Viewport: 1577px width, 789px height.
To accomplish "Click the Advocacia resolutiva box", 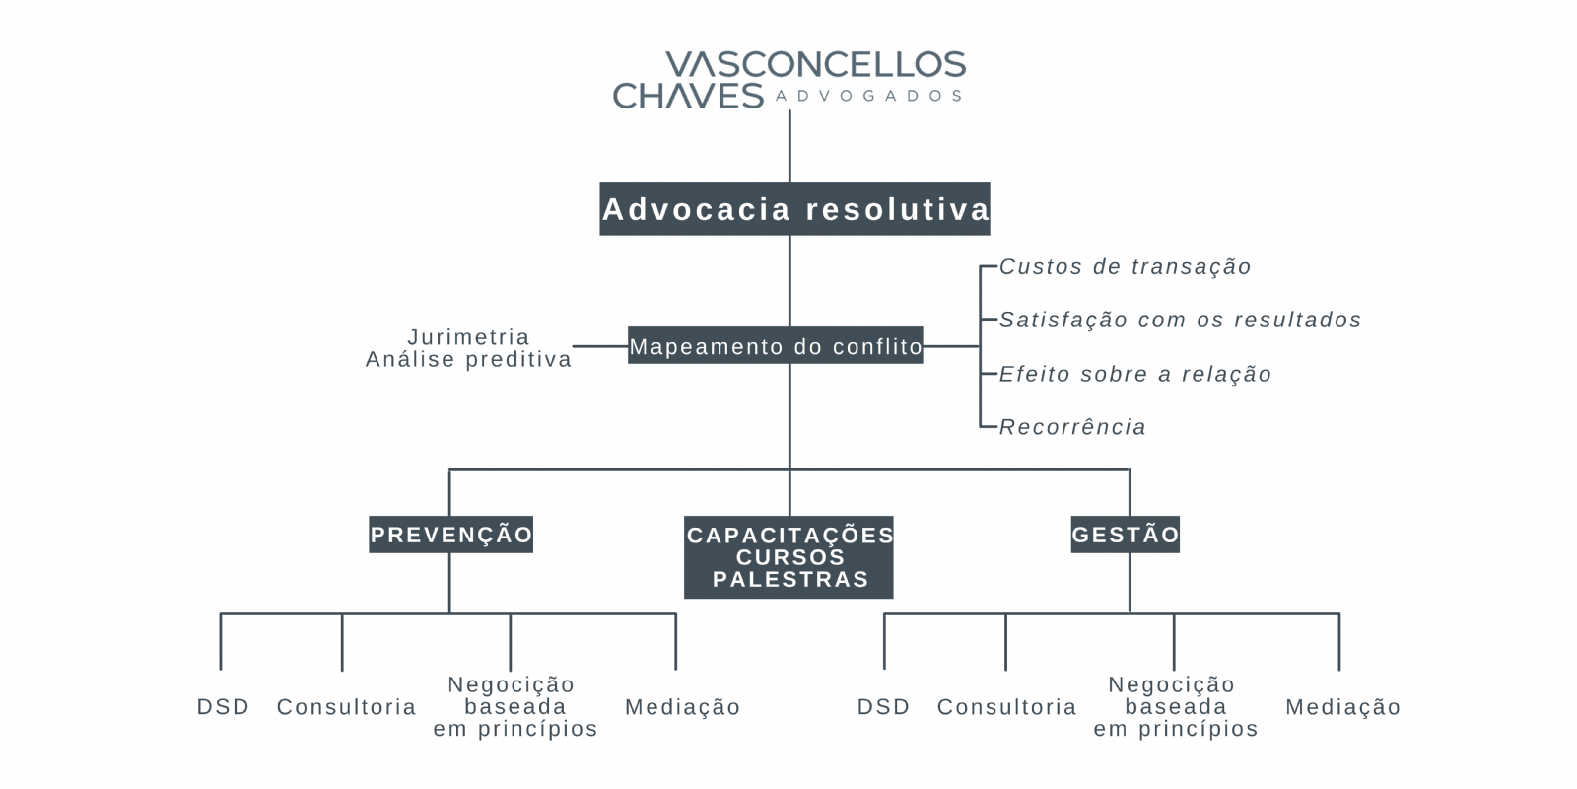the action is coord(794,208).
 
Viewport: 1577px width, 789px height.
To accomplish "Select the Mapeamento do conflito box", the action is coord(775,345).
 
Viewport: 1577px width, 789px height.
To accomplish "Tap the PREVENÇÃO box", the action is coord(450,534).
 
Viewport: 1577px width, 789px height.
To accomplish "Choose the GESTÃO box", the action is coord(1125,534).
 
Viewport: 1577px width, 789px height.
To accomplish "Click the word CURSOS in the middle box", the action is coord(789,557).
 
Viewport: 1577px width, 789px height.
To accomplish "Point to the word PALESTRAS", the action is coord(790,579).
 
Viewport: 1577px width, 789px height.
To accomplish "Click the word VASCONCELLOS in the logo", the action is coord(816,64).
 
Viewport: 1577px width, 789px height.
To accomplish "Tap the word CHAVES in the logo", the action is coord(688,95).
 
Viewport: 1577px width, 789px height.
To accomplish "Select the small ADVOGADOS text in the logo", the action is coord(868,96).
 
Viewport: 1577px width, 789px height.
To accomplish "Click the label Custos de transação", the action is coord(1125,267).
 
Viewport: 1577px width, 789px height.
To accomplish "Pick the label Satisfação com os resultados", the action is coord(1180,320).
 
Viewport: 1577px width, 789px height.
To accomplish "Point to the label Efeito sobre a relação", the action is coord(1134,374).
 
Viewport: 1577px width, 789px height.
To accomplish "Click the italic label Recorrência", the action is coord(1072,427).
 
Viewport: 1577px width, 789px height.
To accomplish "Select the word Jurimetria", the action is coord(468,336).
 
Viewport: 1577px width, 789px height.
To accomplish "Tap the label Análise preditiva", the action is coord(468,359).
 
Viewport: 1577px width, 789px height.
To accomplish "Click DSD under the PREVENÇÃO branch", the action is coord(223,706).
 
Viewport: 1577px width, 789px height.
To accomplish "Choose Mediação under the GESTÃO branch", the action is coord(1342,706).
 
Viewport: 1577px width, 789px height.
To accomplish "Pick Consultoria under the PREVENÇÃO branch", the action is coord(346,706).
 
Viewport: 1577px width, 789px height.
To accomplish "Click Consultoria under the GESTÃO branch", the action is coord(1006,706).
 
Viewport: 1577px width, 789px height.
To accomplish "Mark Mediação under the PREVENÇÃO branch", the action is coord(682,706).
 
